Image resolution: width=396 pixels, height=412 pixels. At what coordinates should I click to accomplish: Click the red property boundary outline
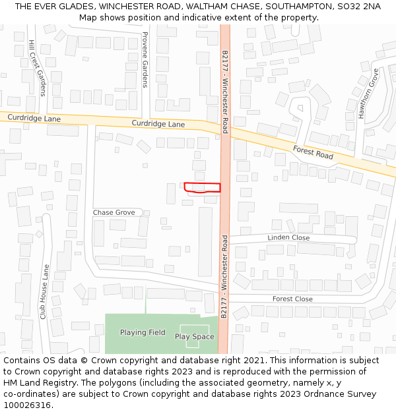[x=202, y=187]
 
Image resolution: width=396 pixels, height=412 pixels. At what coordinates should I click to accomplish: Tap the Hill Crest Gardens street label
[x=37, y=67]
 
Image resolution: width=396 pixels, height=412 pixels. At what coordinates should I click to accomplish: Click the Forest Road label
[x=313, y=153]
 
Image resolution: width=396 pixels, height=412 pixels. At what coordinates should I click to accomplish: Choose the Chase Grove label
[x=114, y=212]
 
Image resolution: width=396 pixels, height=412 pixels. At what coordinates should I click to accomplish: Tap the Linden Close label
[x=288, y=237]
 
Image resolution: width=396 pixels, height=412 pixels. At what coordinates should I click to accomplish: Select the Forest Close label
[x=292, y=299]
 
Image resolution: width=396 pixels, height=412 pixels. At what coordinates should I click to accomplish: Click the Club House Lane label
[x=44, y=292]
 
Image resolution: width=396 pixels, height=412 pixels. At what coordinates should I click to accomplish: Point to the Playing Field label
[x=143, y=332]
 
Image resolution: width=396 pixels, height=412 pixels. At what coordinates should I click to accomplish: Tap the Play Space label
[x=194, y=337]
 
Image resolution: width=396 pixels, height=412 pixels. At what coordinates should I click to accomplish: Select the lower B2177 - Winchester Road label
[x=224, y=277]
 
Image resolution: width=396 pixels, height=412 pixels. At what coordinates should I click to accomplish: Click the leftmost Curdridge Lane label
[x=34, y=118]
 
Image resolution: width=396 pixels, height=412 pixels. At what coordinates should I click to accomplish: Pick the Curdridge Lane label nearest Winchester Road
[x=158, y=123]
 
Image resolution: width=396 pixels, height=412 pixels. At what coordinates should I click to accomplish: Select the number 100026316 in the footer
[x=26, y=405]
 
